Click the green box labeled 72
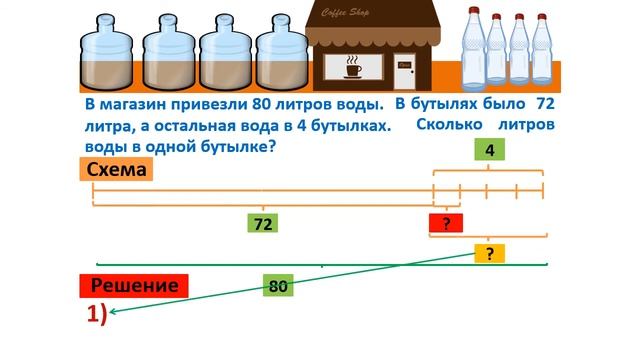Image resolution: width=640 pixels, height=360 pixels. [263, 224]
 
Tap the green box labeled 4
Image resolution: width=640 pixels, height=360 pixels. [489, 151]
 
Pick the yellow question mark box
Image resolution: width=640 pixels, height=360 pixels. [489, 254]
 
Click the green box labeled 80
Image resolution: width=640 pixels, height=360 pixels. [279, 287]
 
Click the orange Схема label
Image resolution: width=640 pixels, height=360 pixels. [118, 170]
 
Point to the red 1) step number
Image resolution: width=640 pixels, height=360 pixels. [95, 314]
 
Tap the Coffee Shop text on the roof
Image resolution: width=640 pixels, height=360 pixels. [352, 13]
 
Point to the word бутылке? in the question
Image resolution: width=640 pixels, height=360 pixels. [237, 146]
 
